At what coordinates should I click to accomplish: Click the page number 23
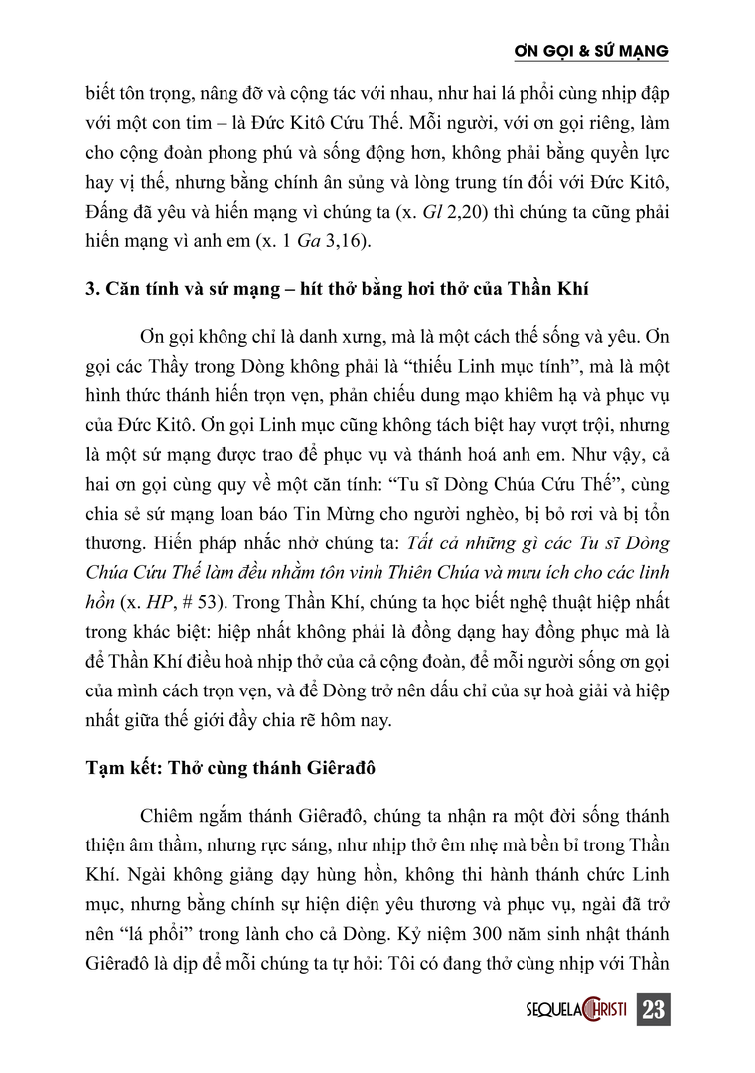[x=653, y=1009]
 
